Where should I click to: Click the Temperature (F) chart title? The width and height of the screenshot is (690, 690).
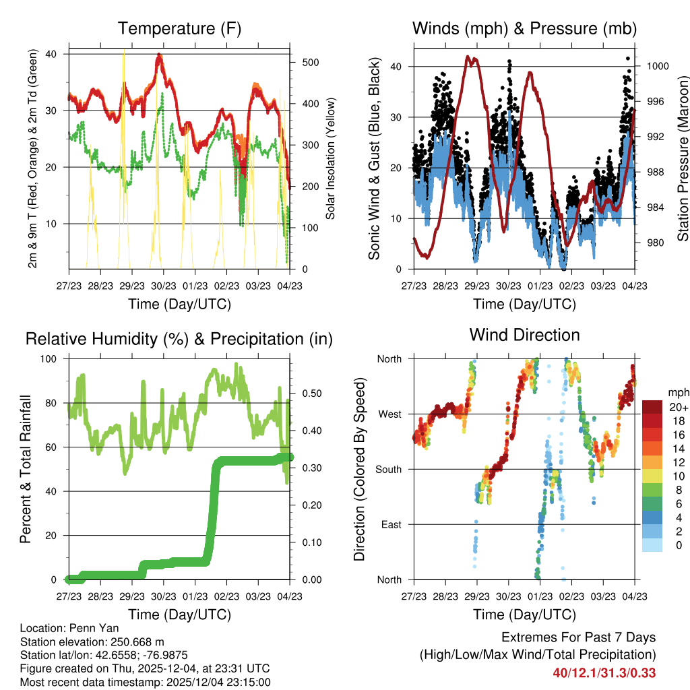click(x=179, y=28)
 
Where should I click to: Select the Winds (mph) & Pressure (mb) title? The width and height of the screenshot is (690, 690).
click(x=524, y=28)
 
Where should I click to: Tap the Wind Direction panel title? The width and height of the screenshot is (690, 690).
click(x=524, y=335)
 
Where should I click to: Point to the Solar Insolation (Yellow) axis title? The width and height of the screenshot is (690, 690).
click(x=331, y=159)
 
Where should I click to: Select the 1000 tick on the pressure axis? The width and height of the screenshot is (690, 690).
click(x=657, y=66)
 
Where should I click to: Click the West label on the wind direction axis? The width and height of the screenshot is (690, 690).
click(x=389, y=414)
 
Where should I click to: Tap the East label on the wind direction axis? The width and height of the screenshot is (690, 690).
click(x=390, y=524)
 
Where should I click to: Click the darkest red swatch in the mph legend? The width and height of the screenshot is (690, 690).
click(x=652, y=408)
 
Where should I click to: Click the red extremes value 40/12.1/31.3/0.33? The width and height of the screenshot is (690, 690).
click(x=604, y=673)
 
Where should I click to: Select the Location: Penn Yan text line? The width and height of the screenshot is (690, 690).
click(x=60, y=628)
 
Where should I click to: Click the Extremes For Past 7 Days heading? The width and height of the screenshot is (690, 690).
click(x=578, y=637)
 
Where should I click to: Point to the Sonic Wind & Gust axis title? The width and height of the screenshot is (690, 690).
click(x=375, y=159)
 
